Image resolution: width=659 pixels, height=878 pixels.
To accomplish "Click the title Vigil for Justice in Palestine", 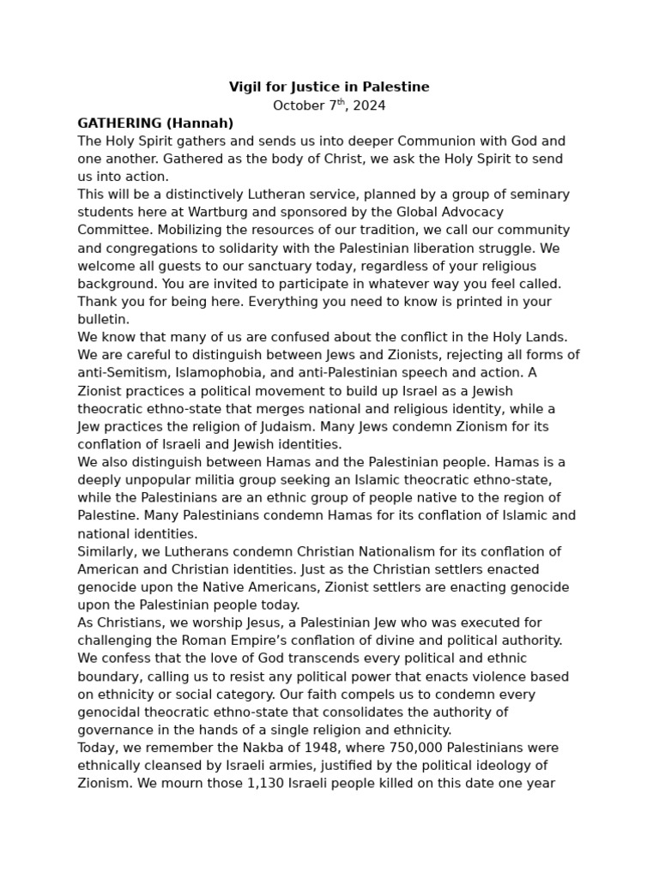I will pos(329,87).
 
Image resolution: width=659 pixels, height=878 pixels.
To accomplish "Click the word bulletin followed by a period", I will pos(102,320).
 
